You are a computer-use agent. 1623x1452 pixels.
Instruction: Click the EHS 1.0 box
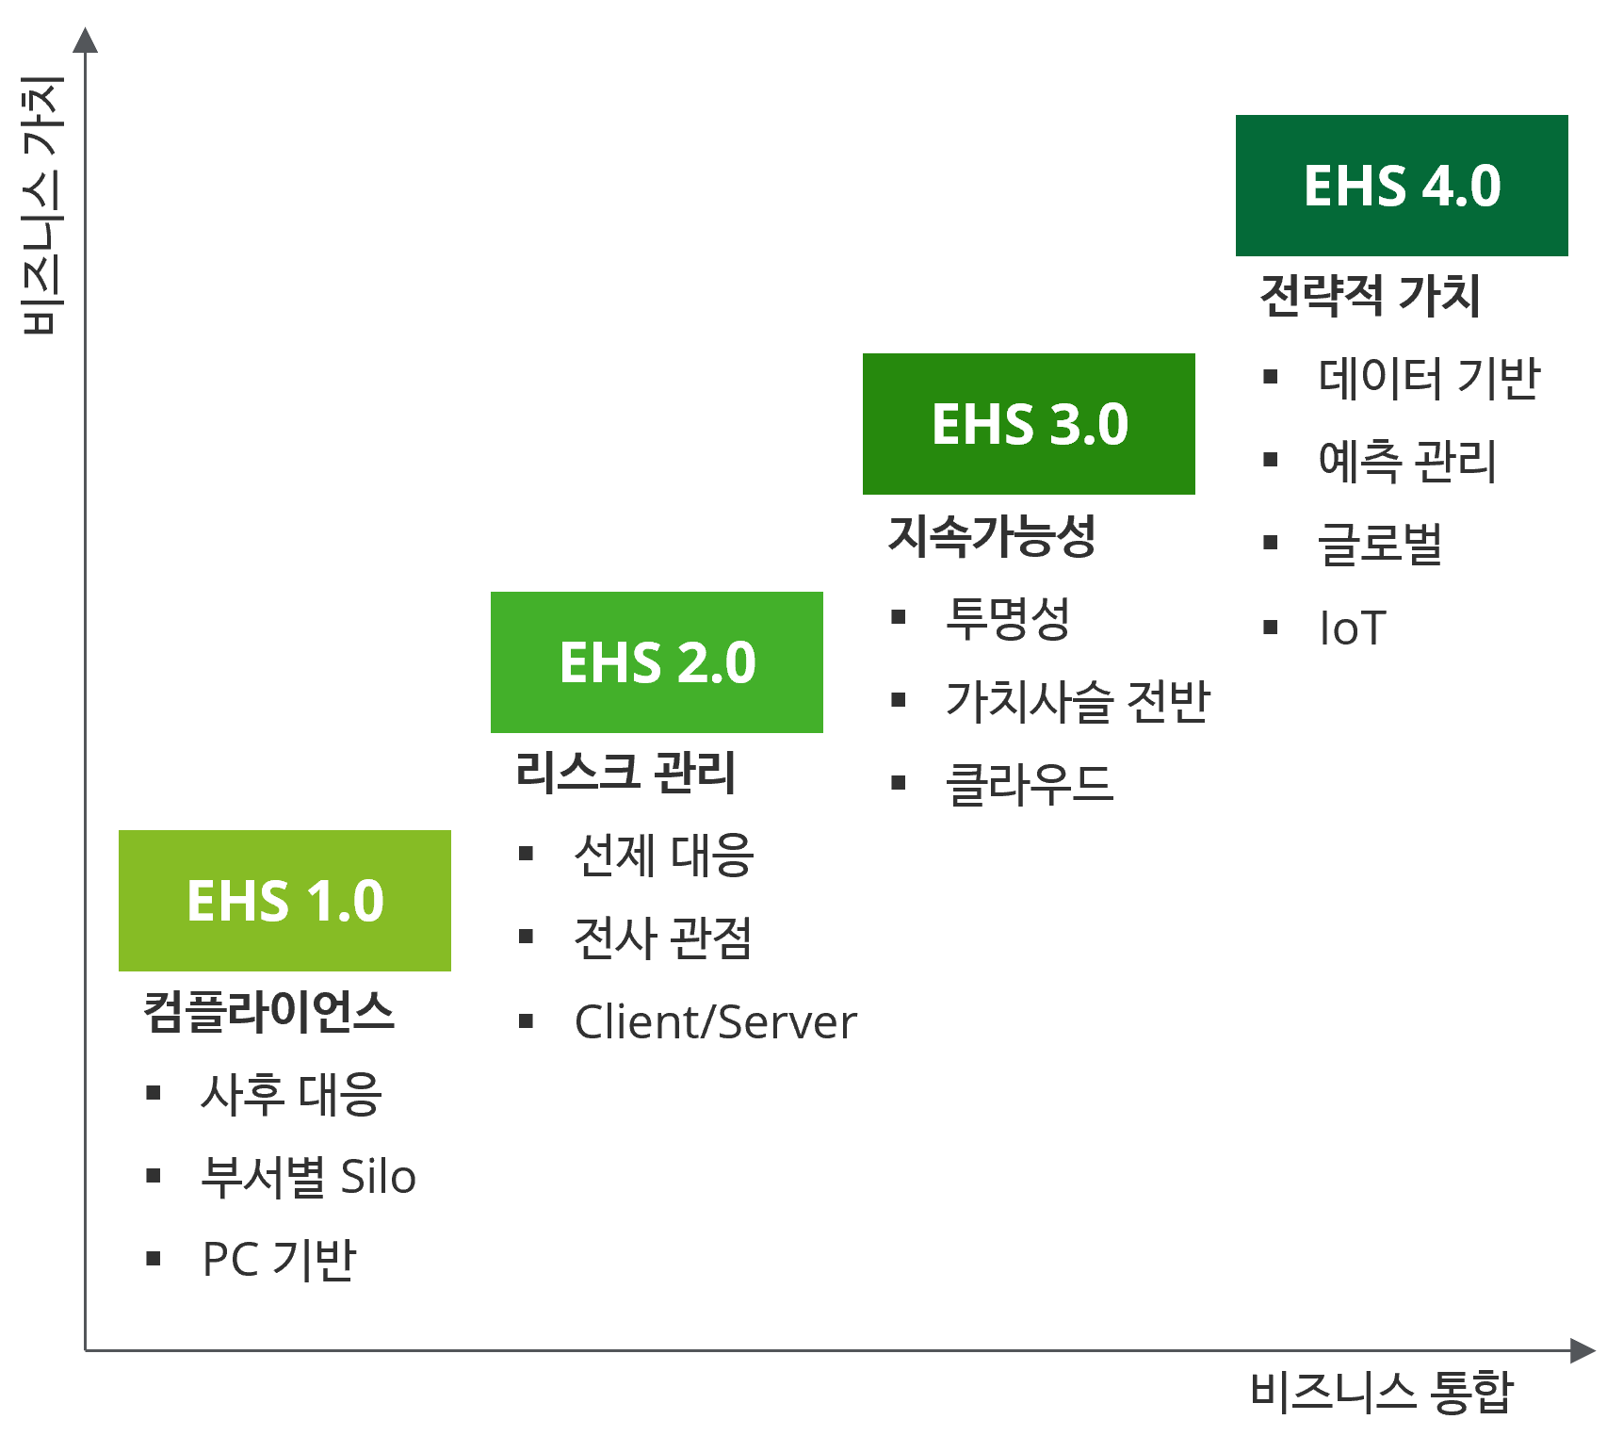[284, 900]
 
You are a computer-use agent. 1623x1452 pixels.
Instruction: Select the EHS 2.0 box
[657, 661]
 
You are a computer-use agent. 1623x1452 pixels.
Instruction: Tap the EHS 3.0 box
[1029, 423]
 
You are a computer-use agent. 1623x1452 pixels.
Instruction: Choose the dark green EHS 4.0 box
[1402, 185]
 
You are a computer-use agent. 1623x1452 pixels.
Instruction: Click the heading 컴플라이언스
[268, 1011]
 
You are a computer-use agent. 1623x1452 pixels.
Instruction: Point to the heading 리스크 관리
[625, 773]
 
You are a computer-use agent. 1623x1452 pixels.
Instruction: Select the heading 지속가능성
[992, 535]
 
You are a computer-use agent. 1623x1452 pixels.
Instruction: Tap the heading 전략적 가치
[1370, 296]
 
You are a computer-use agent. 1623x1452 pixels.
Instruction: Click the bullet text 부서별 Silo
[308, 1176]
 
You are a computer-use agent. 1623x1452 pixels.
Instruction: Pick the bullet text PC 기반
[280, 1259]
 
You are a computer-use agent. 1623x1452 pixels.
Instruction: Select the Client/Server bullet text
[716, 1021]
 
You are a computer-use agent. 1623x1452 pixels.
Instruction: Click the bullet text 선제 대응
[664, 855]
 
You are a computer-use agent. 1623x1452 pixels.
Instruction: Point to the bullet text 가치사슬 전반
[1078, 701]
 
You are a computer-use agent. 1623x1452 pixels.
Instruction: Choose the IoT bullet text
[1353, 628]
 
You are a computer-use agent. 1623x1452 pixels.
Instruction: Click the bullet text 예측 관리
[1407, 461]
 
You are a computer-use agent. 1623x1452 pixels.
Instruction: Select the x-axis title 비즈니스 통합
[1381, 1391]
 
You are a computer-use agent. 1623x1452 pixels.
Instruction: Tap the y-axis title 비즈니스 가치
[42, 205]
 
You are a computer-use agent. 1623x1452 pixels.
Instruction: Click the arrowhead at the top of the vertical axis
[86, 40]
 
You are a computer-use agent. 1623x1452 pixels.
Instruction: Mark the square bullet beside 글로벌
[1271, 543]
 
